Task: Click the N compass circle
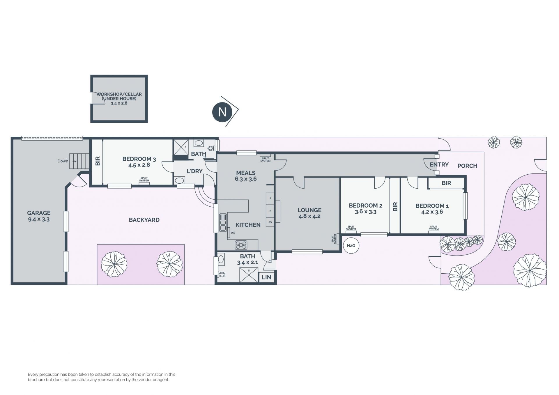tap(222, 112)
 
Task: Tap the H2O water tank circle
tap(351, 245)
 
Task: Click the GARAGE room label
tap(39, 213)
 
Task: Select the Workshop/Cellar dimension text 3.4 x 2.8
tap(119, 103)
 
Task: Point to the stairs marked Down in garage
tap(79, 161)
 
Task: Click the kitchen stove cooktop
tap(241, 245)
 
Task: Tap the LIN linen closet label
tap(266, 277)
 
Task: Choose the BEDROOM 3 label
tap(139, 159)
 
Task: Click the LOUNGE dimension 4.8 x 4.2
tap(309, 216)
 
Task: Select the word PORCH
tap(467, 166)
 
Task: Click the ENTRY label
tap(439, 164)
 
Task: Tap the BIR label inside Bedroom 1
tap(446, 183)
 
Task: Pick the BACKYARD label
tap(144, 220)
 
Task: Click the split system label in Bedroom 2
tap(351, 228)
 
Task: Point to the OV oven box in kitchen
tap(270, 222)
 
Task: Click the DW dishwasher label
tap(233, 233)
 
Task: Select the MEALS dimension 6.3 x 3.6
tap(246, 179)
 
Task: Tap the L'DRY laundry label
tap(194, 171)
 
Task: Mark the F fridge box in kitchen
tap(270, 199)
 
